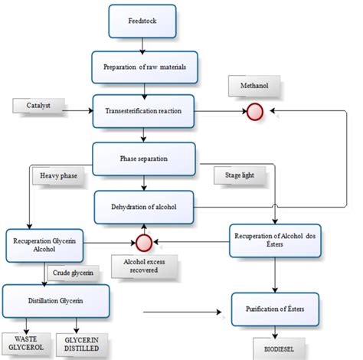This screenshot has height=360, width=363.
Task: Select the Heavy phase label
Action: [57, 176]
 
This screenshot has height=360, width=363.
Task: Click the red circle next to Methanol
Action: [253, 112]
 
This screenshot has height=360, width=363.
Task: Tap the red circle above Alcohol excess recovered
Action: [142, 243]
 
